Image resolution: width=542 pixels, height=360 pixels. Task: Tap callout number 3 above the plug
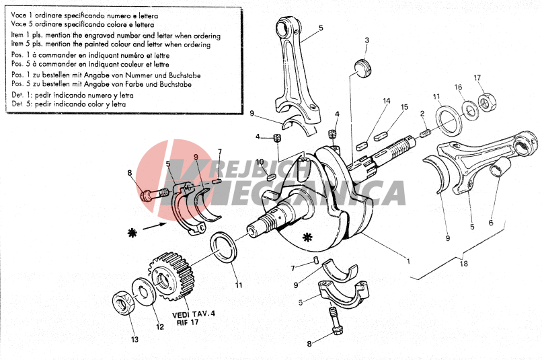(367, 40)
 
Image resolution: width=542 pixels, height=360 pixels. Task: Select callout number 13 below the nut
(134, 340)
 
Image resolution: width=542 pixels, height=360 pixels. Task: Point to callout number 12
(159, 328)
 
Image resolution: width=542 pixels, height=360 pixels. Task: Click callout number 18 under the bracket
(463, 263)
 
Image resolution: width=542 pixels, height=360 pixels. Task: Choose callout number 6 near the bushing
(491, 223)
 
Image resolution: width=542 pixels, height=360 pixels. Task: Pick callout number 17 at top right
(477, 78)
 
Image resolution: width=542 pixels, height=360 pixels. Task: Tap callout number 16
(458, 87)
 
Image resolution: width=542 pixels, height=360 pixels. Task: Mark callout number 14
(387, 101)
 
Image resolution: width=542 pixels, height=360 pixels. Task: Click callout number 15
(405, 107)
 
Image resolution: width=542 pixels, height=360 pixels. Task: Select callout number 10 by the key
(260, 161)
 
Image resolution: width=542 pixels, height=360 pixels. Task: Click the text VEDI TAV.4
(194, 314)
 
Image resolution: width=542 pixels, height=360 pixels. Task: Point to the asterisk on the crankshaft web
(309, 237)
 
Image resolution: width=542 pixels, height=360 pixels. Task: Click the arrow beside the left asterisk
(153, 227)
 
